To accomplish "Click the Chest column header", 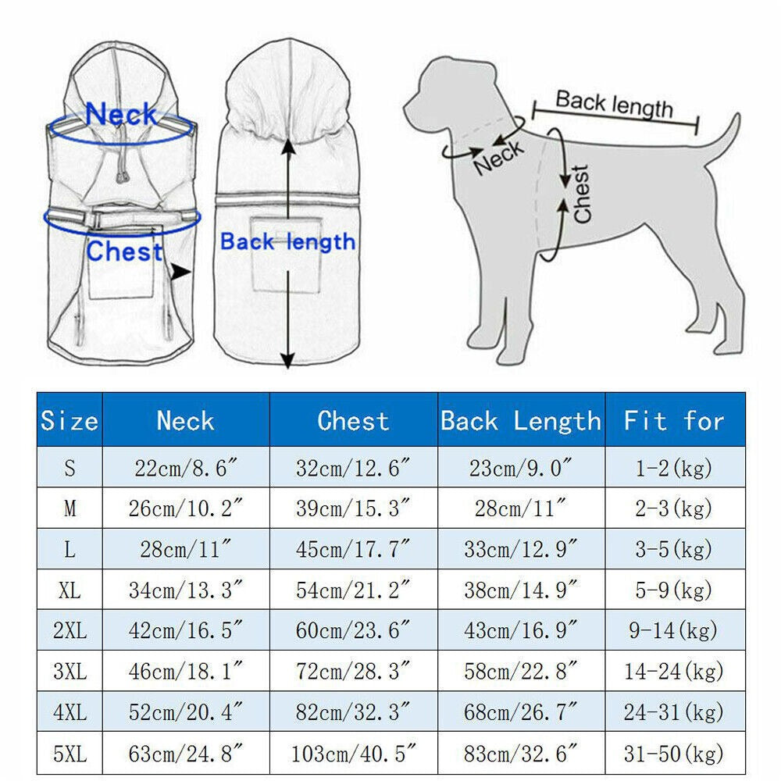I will (x=353, y=421).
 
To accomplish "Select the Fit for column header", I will (x=674, y=421).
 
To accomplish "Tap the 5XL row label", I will (x=70, y=754).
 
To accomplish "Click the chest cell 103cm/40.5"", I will (x=353, y=754).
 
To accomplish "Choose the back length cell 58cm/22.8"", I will (x=520, y=671).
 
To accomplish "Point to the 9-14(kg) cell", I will (x=674, y=631).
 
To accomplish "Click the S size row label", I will (x=70, y=469).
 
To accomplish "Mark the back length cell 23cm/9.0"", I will (x=520, y=469).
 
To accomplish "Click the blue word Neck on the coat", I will (x=121, y=115).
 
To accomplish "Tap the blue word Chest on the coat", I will (x=125, y=252).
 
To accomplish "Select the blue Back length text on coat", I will (x=287, y=242).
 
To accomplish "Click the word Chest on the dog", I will (x=582, y=194).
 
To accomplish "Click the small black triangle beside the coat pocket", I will (x=181, y=272).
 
